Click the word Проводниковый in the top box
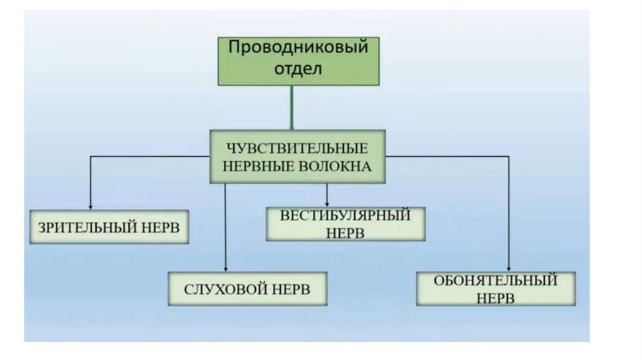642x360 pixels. (x=297, y=48)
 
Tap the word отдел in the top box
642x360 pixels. (x=298, y=68)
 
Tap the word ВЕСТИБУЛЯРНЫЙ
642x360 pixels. (x=345, y=216)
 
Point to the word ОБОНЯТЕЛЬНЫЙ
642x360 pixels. (x=495, y=280)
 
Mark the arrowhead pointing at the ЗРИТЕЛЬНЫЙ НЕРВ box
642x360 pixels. (x=91, y=206)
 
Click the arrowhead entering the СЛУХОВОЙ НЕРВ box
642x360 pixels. (x=225, y=268)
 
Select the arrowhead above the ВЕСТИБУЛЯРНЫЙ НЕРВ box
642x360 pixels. (x=327, y=203)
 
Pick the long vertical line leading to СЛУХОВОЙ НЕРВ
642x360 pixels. (x=225, y=226)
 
